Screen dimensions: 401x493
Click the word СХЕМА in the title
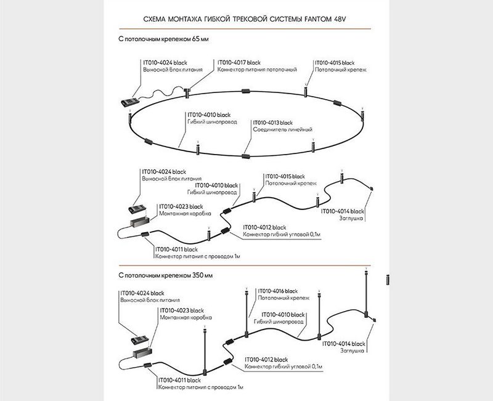pyautogui.click(x=155, y=19)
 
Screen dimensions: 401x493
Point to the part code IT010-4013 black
pyautogui.click(x=273, y=123)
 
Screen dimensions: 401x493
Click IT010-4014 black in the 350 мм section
pyautogui.click(x=344, y=342)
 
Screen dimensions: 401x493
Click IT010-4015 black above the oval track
pyautogui.click(x=335, y=62)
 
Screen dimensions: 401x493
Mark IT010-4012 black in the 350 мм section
pyautogui.click(x=267, y=359)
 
